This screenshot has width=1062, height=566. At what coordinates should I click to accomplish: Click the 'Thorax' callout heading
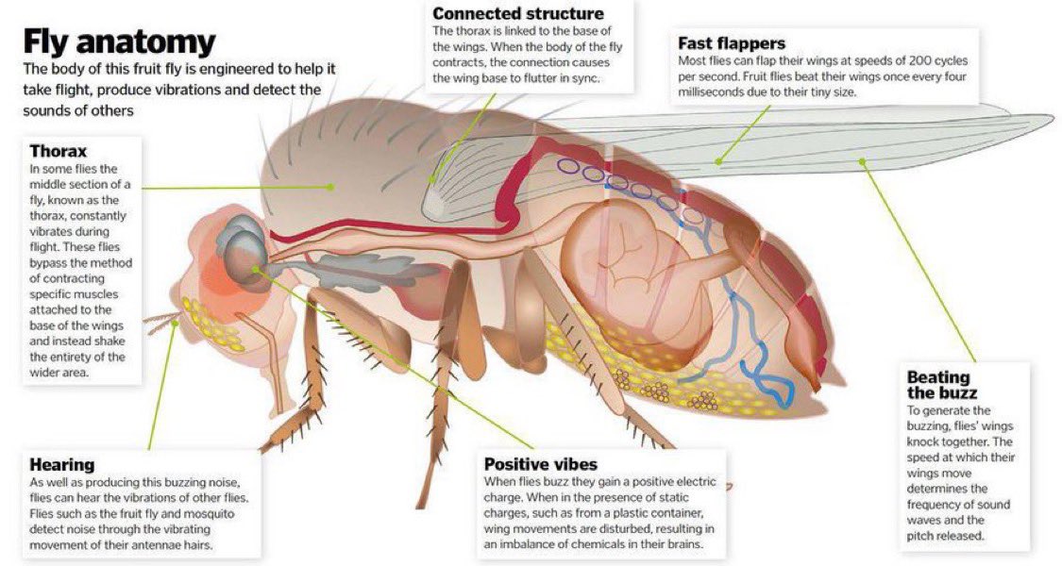pyautogui.click(x=59, y=151)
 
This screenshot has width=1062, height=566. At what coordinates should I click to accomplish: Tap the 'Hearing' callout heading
pyautogui.click(x=62, y=465)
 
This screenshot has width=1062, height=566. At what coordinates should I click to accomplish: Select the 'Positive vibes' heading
pyautogui.click(x=540, y=465)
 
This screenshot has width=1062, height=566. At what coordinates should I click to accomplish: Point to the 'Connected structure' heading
pyautogui.click(x=517, y=13)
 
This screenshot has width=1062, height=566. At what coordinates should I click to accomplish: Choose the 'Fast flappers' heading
pyautogui.click(x=732, y=43)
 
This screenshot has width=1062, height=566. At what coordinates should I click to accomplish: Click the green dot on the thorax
pyautogui.click(x=331, y=187)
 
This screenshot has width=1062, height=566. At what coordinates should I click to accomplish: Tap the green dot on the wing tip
pyautogui.click(x=864, y=161)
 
